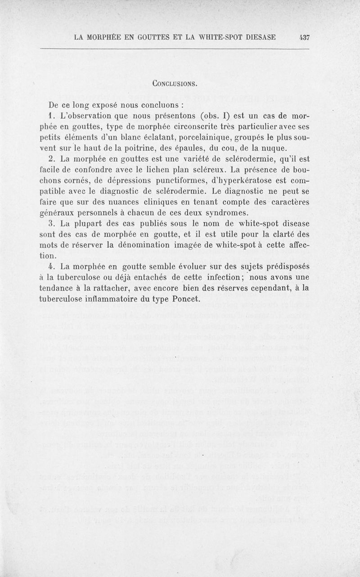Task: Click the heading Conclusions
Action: click(180, 83)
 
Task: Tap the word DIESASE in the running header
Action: click(269, 37)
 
